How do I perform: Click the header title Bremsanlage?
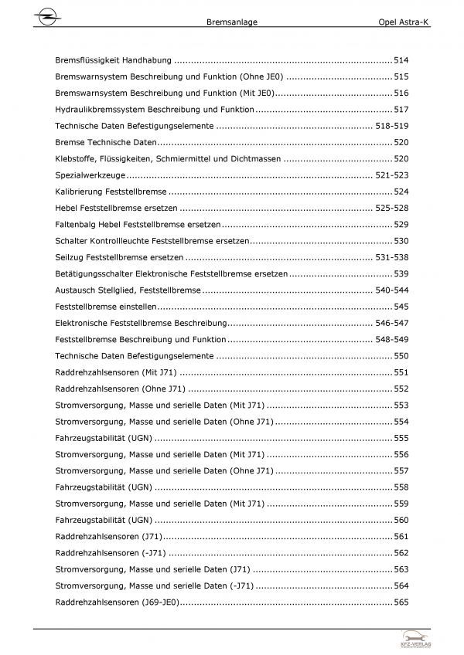coord(233,23)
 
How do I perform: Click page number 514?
coord(401,59)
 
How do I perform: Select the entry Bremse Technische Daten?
coord(106,143)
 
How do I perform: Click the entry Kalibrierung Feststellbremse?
coord(111,192)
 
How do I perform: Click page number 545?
coord(401,307)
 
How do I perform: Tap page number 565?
coord(401,603)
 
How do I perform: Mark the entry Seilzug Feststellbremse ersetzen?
coord(120,258)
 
